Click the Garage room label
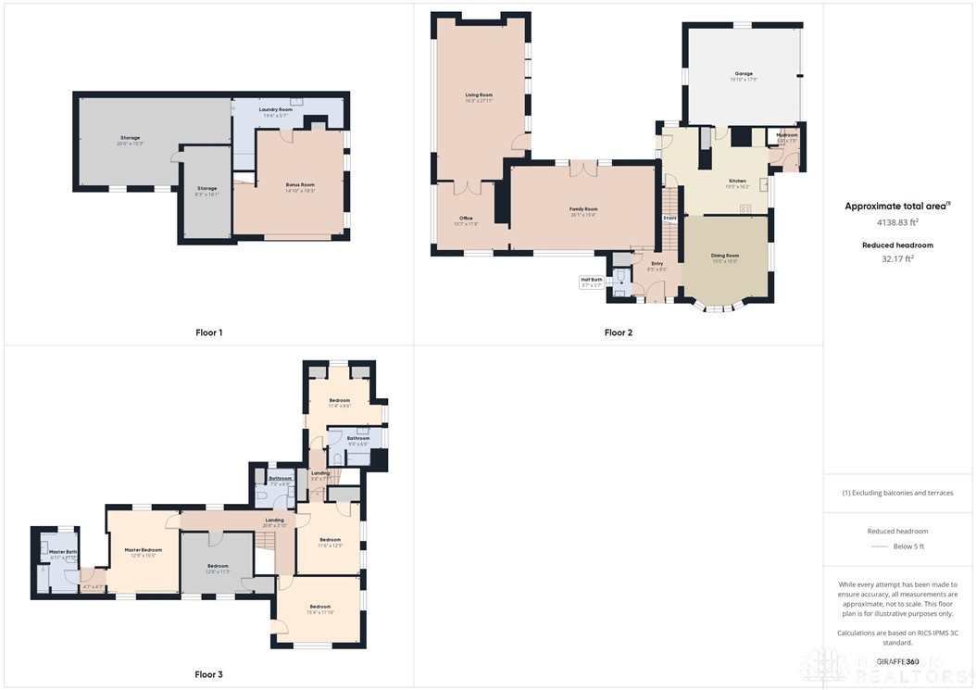[744, 73]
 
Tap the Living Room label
[478, 94]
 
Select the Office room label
[466, 219]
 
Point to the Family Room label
[583, 209]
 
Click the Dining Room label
[725, 255]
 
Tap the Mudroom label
[787, 135]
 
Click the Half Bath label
[592, 280]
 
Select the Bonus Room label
[300, 185]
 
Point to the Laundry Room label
[276, 109]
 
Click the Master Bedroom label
[144, 550]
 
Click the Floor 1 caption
[208, 332]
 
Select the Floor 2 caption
[619, 332]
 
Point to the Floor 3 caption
[208, 675]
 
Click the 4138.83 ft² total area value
[897, 223]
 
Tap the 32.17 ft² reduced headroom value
[897, 258]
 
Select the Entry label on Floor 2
[657, 264]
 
